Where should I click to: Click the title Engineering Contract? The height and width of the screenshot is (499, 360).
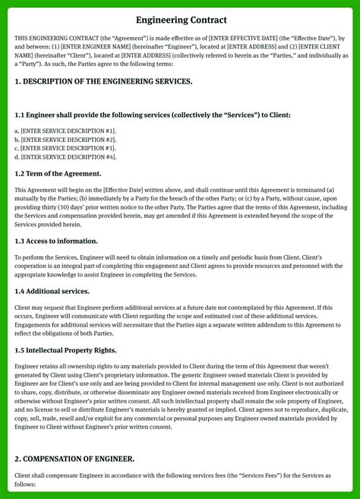(180, 19)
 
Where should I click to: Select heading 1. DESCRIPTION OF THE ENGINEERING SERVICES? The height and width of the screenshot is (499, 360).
(103, 81)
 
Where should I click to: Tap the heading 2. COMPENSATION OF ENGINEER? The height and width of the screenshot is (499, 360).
(74, 459)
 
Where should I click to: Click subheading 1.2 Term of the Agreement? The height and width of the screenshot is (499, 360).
(58, 173)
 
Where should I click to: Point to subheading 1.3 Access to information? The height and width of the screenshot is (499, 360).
(56, 241)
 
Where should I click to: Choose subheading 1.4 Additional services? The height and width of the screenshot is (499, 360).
(52, 292)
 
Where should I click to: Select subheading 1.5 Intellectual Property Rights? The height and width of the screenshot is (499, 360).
(65, 350)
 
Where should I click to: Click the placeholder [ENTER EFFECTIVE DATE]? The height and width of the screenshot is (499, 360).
(226, 36)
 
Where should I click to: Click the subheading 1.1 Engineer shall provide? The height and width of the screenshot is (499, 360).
(152, 115)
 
